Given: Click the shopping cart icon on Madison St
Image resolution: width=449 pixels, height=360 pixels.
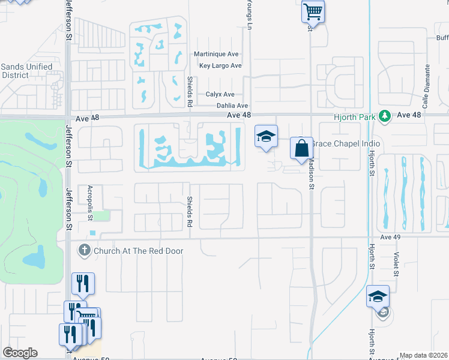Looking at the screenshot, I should (x=313, y=11).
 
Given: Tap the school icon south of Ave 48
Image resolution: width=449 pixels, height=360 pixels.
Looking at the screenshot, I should (x=266, y=136).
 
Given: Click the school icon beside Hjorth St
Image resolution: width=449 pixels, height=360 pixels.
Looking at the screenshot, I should (x=378, y=296).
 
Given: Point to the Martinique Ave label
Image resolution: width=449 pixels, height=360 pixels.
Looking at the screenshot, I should (x=216, y=54).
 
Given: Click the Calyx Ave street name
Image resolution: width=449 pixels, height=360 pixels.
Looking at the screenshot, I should (x=220, y=95).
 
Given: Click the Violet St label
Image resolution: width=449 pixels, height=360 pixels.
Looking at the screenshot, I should (x=395, y=263).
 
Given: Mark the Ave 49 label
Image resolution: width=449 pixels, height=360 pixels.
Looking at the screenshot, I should (x=390, y=238).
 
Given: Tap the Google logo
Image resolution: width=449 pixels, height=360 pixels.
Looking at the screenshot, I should (x=20, y=353).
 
